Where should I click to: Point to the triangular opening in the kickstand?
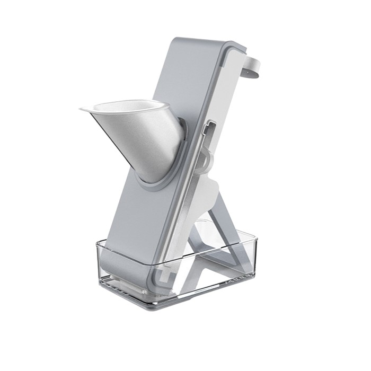(212, 233)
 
